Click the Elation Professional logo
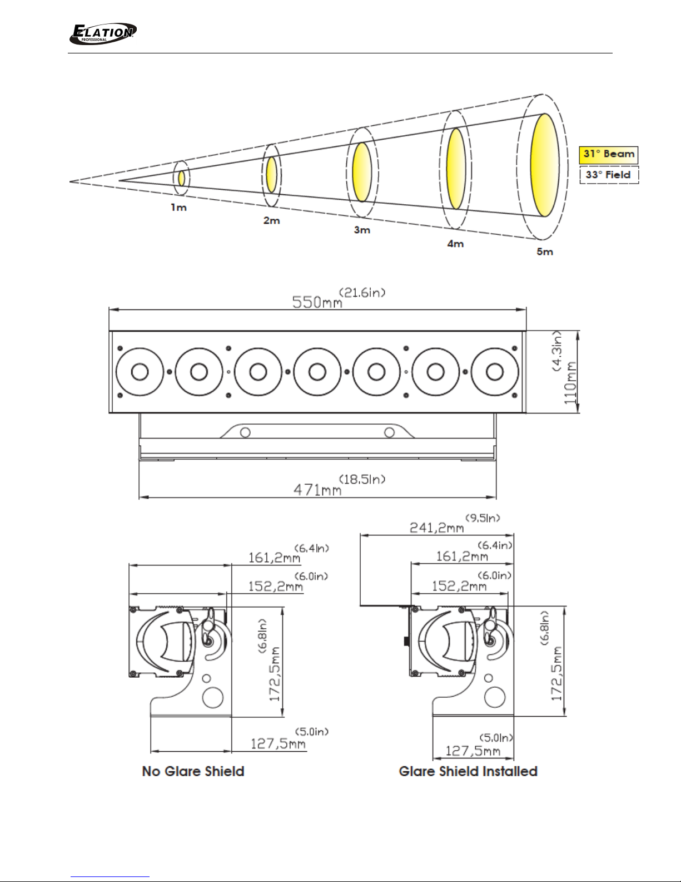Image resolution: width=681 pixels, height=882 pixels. [x=102, y=34]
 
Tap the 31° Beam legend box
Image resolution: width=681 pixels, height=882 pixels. [x=608, y=155]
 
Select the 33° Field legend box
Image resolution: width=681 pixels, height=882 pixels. [x=609, y=175]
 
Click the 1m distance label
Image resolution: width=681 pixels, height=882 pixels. [x=179, y=208]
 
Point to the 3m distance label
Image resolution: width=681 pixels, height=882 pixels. [x=362, y=230]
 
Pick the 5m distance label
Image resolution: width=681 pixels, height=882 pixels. [x=545, y=252]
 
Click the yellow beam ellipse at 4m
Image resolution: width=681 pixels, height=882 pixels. [x=456, y=169]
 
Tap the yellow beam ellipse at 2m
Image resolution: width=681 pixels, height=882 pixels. [x=272, y=175]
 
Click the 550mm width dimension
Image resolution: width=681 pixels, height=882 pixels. [x=317, y=302]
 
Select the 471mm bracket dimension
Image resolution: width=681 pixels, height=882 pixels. [x=317, y=490]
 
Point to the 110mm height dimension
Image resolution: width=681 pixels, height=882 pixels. [x=570, y=382]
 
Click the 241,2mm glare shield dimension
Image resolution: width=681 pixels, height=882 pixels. [x=436, y=527]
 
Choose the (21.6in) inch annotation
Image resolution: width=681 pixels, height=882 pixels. [x=362, y=292]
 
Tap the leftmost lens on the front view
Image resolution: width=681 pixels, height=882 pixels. [x=140, y=372]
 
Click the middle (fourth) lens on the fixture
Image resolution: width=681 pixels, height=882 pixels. [x=317, y=372]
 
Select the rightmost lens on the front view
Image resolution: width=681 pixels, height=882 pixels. [x=495, y=372]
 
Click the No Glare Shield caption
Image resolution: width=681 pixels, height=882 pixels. [x=193, y=771]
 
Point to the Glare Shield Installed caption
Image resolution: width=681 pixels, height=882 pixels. [x=468, y=771]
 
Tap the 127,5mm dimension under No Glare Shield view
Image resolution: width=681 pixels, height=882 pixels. [x=278, y=743]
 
